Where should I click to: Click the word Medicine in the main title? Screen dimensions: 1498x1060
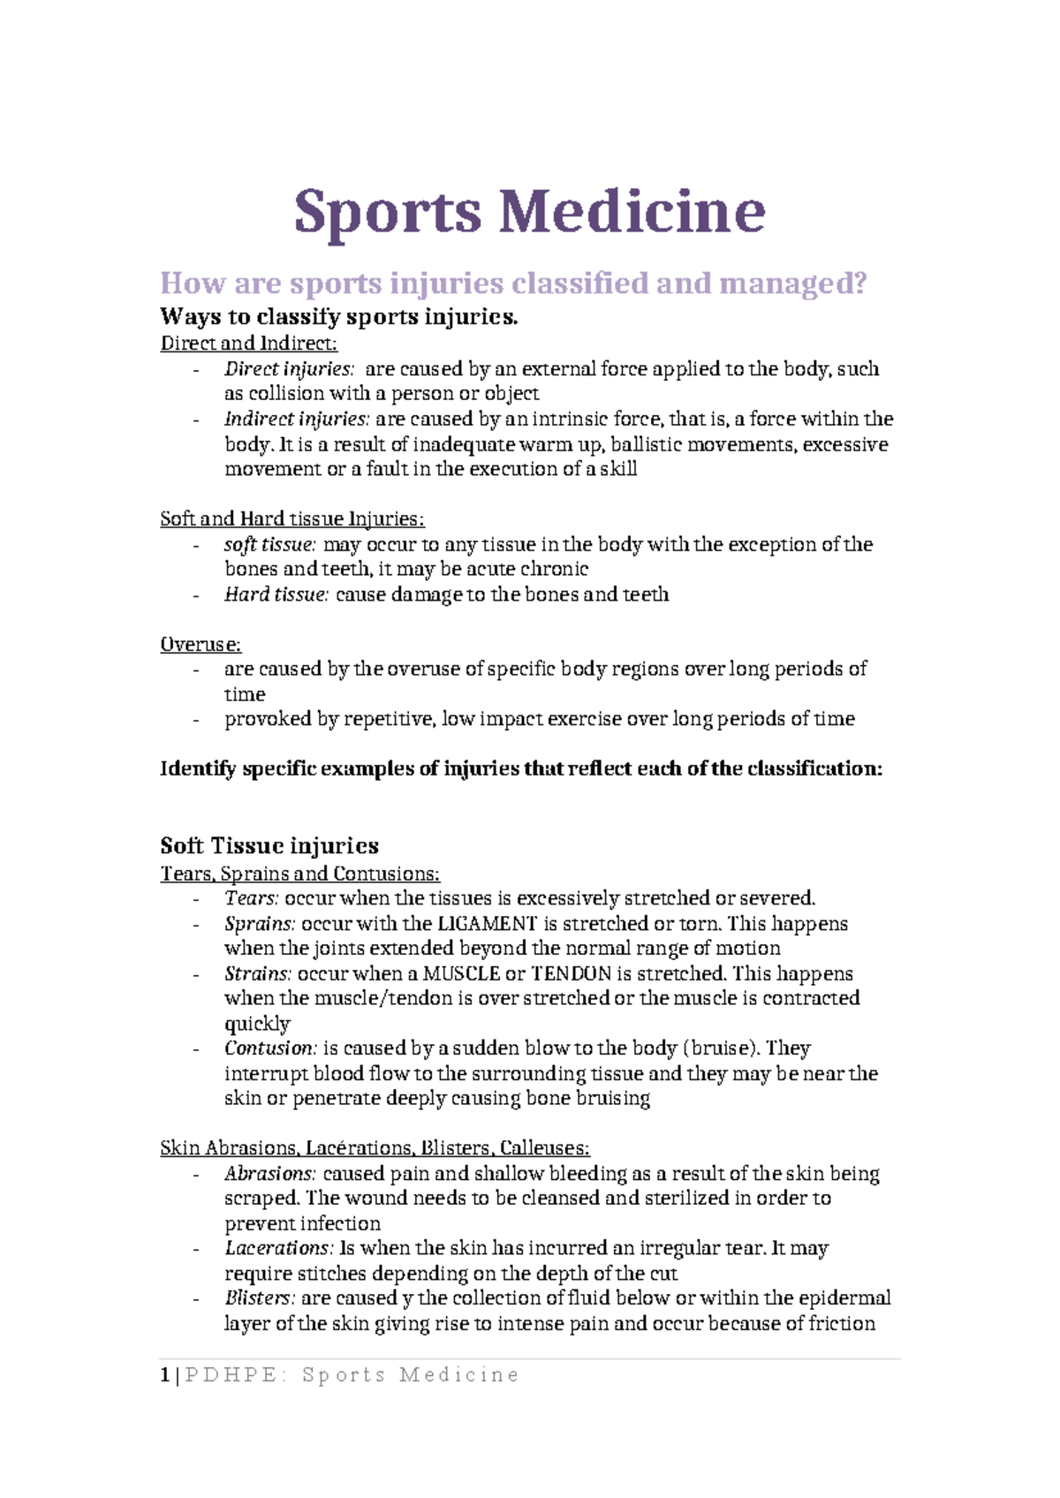pos(632,212)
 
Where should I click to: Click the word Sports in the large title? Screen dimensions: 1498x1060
pos(387,212)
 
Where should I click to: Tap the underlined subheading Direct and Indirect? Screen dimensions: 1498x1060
pos(248,344)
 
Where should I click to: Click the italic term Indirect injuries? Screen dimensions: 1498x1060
pos(296,419)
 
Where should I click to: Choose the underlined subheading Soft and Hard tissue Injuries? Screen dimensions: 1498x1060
pos(291,519)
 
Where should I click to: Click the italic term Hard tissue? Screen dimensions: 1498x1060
pos(276,594)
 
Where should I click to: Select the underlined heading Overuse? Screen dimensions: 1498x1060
pos(201,645)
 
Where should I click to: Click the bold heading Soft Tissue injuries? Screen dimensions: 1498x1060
pos(269,846)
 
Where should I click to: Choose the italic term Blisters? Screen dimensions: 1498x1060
pos(258,1298)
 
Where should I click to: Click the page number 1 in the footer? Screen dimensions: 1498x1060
pos(164,1375)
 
